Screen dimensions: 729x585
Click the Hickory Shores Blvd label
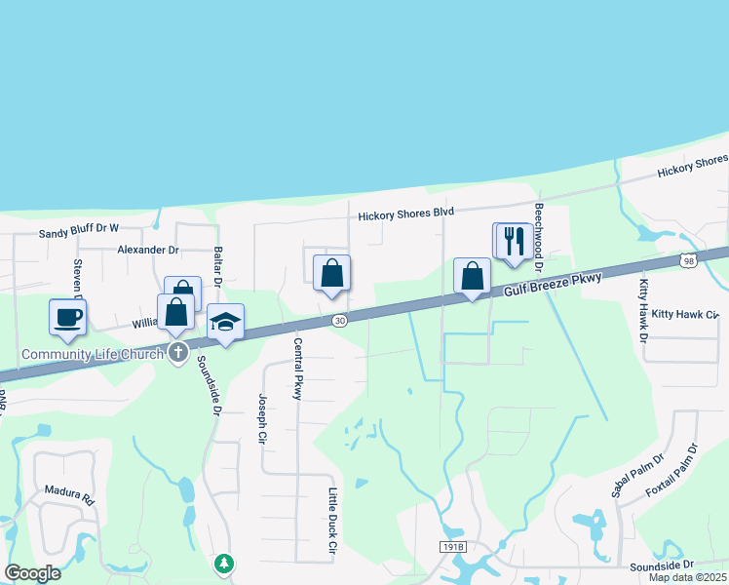406,214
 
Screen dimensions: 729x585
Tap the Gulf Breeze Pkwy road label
554,285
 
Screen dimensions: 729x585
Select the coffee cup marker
67,317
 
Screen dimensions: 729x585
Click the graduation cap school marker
225,323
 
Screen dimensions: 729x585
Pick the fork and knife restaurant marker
516,241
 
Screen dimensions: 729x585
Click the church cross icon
177,353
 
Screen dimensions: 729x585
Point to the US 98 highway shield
689,260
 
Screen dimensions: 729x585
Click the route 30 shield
338,320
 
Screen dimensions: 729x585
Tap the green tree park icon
225,564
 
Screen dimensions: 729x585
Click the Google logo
32,573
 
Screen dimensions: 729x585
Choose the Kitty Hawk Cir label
685,315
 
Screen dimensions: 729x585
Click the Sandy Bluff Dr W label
78,232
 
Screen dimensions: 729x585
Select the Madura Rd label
68,494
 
